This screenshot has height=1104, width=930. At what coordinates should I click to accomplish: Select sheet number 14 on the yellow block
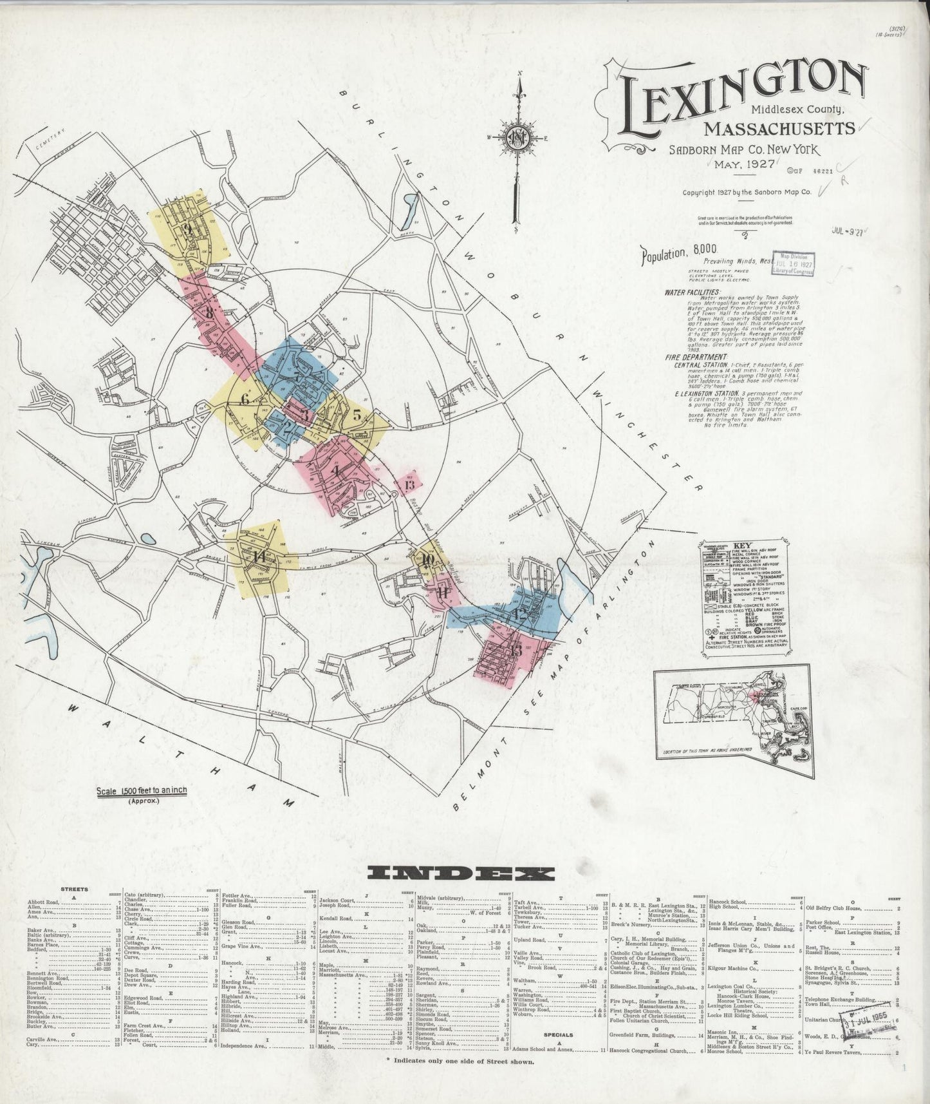(x=259, y=556)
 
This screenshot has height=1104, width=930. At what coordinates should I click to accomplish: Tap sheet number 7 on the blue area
(x=295, y=377)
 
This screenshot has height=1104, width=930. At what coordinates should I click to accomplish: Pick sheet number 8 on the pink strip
(x=210, y=313)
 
